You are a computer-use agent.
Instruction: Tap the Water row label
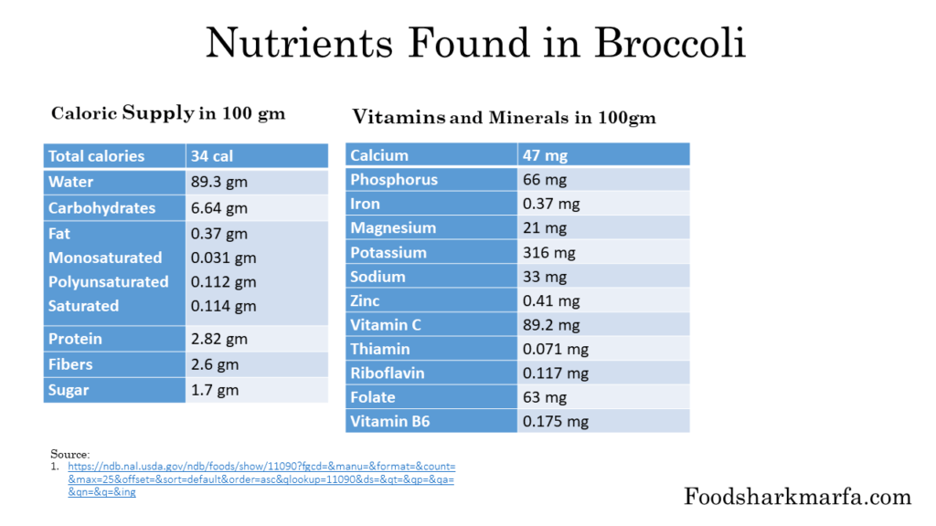click(71, 182)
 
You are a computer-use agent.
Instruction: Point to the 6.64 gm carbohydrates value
click(219, 208)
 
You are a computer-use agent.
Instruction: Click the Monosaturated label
click(105, 258)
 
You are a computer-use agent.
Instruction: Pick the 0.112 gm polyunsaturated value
click(223, 282)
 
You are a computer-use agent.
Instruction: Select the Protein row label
click(75, 339)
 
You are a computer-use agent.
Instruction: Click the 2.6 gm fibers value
click(215, 364)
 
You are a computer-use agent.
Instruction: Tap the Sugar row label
click(69, 391)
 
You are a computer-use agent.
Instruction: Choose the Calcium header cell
click(379, 155)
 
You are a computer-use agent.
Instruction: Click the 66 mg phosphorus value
click(545, 180)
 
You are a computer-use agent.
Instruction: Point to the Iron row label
click(365, 204)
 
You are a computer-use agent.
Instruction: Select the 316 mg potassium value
click(548, 252)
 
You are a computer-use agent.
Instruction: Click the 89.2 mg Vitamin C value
click(551, 324)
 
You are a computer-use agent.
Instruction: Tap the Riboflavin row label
click(387, 373)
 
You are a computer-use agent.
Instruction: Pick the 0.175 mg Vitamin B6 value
click(555, 421)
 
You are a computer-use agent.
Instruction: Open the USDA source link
click(261, 479)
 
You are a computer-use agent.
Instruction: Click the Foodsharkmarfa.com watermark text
click(797, 497)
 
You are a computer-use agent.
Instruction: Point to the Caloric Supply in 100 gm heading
click(168, 114)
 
